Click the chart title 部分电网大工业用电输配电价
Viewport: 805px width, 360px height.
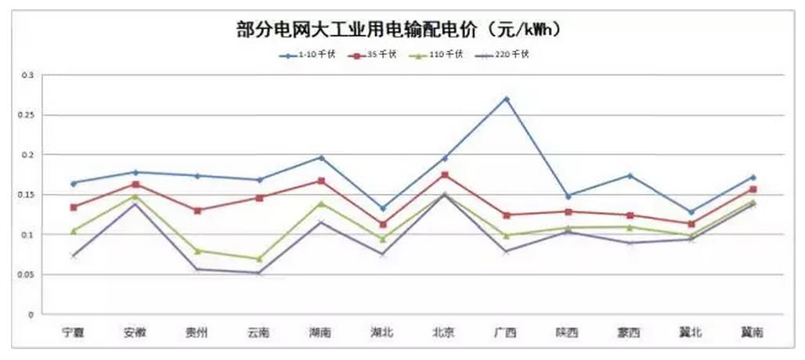pyautogui.click(x=400, y=30)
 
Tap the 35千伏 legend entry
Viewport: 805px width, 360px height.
pyautogui.click(x=378, y=55)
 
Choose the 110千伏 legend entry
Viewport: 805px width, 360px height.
pyautogui.click(x=443, y=55)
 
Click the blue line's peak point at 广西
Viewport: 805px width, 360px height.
pyautogui.click(x=507, y=99)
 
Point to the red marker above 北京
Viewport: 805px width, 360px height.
pyautogui.click(x=445, y=175)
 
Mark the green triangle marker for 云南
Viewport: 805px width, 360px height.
pyautogui.click(x=259, y=258)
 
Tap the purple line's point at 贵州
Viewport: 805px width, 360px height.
pyautogui.click(x=197, y=269)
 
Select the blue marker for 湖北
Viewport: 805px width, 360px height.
pyautogui.click(x=383, y=208)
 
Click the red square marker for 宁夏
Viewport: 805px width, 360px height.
pyautogui.click(x=74, y=207)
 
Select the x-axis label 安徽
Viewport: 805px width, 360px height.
pyautogui.click(x=135, y=333)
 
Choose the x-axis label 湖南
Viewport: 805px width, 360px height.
pyautogui.click(x=321, y=333)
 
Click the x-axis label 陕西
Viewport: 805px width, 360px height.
pyautogui.click(x=568, y=333)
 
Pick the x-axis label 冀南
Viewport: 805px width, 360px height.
pyautogui.click(x=753, y=333)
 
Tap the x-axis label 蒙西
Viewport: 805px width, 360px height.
pyautogui.click(x=630, y=333)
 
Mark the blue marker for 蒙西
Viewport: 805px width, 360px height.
pyautogui.click(x=630, y=175)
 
